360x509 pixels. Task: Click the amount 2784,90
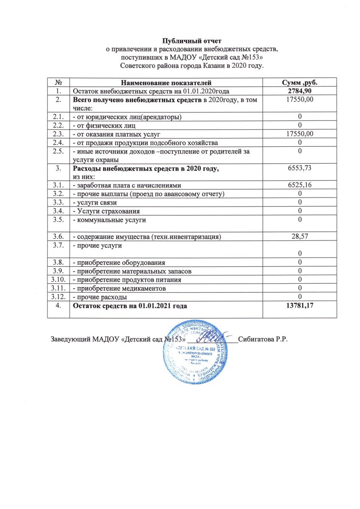click(300, 91)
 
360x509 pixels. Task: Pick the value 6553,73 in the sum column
click(300, 168)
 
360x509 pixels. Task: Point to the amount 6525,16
click(300, 185)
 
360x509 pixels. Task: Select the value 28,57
click(300, 236)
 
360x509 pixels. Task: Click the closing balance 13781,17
click(300, 305)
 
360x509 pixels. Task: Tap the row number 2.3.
click(57, 134)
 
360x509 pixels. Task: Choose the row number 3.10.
click(57, 280)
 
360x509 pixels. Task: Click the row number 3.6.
click(57, 236)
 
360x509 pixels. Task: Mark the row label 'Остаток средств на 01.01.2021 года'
click(130, 305)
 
